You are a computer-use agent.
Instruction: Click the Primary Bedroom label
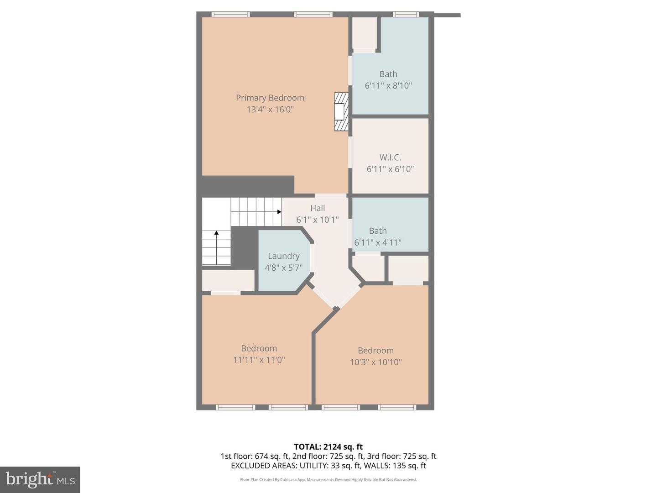270,98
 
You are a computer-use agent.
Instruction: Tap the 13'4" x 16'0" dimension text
270,110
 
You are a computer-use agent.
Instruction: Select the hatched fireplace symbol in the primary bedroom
341,112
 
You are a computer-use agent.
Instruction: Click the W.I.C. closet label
390,157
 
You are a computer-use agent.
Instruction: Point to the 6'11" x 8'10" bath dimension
388,85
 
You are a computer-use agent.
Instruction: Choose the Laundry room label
283,256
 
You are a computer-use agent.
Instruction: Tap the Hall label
318,208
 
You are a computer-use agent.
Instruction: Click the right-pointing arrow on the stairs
279,212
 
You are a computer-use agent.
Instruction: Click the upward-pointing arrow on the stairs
216,233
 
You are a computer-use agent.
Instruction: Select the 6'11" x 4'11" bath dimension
378,242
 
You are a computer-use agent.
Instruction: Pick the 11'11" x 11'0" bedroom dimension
259,360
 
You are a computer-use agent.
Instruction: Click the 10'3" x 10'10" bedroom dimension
375,362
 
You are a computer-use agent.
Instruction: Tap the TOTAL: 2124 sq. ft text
328,447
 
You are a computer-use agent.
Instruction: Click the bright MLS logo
40,479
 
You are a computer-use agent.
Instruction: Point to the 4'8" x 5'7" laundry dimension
283,267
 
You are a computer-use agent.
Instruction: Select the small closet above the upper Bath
365,33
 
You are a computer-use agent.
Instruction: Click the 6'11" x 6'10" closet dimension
390,169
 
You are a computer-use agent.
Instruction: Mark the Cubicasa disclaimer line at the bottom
328,480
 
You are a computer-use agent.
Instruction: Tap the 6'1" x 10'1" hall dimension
318,220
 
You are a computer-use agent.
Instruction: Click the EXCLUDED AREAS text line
328,466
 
